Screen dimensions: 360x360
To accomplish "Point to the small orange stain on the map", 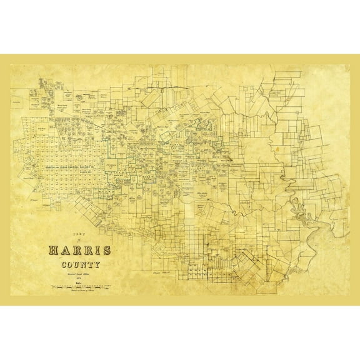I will (275, 149).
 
